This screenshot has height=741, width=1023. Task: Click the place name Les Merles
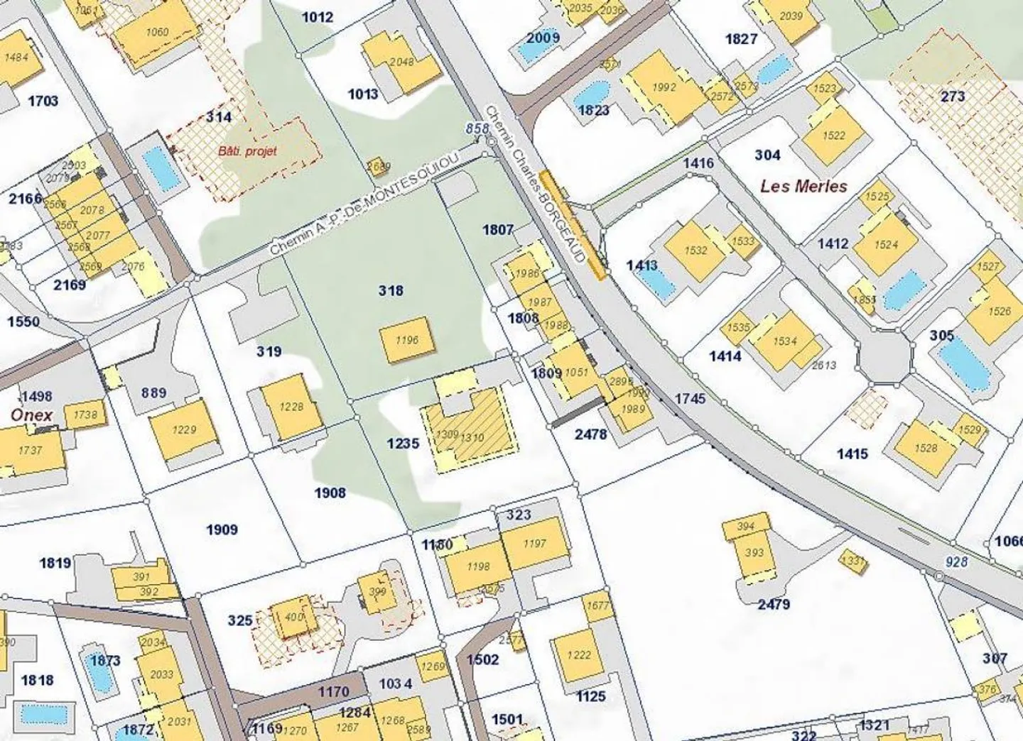tap(803, 187)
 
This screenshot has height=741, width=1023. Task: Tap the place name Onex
tap(31, 415)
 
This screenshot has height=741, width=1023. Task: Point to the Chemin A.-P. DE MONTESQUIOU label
tap(370, 206)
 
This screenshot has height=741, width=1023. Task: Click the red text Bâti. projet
tap(247, 150)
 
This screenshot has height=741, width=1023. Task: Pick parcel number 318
tap(391, 290)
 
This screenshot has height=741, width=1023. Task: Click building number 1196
tap(406, 340)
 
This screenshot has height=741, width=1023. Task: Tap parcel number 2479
tap(773, 604)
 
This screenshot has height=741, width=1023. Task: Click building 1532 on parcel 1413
tap(695, 250)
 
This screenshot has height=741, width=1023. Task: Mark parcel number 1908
tap(330, 493)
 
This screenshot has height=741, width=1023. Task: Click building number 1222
tap(578, 655)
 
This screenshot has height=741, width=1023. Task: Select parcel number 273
tap(953, 97)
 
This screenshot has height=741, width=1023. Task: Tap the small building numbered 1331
tap(852, 561)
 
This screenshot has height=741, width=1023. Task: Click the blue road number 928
tap(956, 561)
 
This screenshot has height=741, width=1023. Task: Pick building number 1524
tap(886, 245)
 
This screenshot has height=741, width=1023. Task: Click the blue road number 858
tap(477, 128)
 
